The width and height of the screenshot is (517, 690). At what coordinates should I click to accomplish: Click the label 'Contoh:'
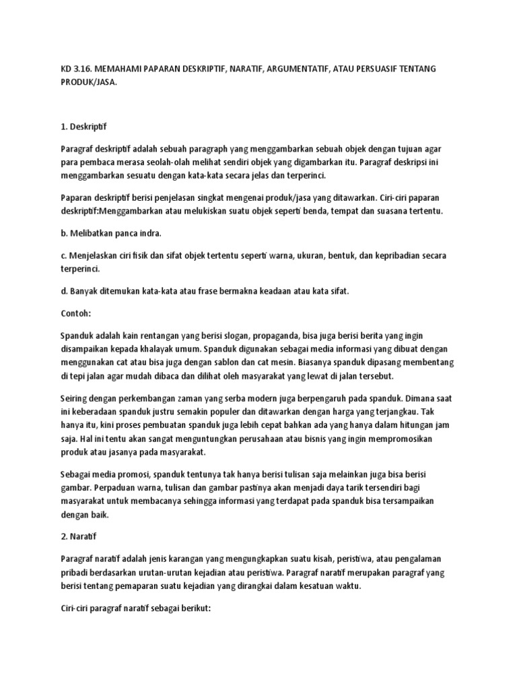coord(75,313)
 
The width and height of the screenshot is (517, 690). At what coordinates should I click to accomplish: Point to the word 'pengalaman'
coord(428,559)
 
